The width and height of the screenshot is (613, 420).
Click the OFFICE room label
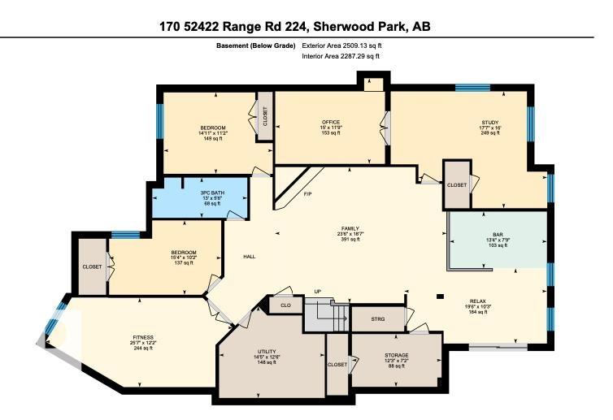pyautogui.click(x=330, y=122)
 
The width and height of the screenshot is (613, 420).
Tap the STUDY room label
pyautogui.click(x=489, y=122)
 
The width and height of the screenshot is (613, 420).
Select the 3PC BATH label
pyautogui.click(x=212, y=193)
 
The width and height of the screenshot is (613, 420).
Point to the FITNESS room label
pyautogui.click(x=143, y=337)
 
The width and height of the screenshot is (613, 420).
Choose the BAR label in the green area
pyautogui.click(x=498, y=234)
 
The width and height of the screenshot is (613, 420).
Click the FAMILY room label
pyautogui.click(x=351, y=228)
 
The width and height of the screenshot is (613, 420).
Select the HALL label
pyautogui.click(x=249, y=257)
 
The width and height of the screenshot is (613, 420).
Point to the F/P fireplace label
pyautogui.click(x=307, y=194)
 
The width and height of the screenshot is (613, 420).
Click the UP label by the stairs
pyautogui.click(x=319, y=292)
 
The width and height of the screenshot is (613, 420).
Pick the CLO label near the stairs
pyautogui.click(x=285, y=305)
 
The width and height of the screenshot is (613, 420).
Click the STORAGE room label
pyautogui.click(x=397, y=355)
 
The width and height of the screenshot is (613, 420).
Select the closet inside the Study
pyautogui.click(x=457, y=185)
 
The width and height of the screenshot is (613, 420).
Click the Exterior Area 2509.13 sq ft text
pyautogui.click(x=341, y=46)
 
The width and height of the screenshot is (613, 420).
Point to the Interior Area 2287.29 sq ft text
pyautogui.click(x=341, y=57)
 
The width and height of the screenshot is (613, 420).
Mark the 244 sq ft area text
pyautogui.click(x=143, y=349)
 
